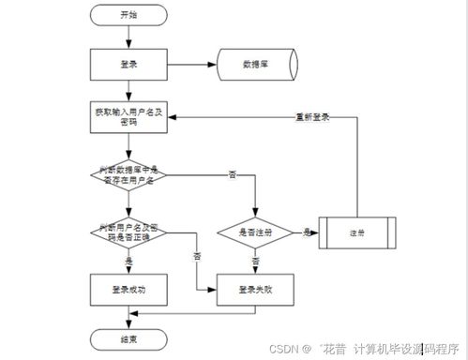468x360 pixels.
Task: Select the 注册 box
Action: [355, 231]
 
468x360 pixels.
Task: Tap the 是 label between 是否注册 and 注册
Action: [307, 228]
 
